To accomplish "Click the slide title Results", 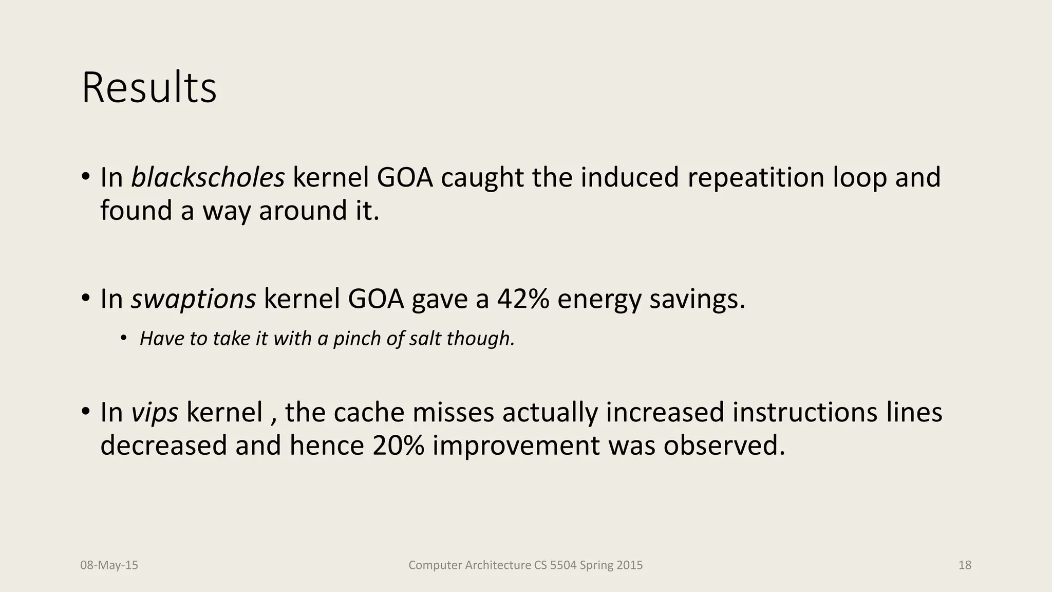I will pyautogui.click(x=149, y=88).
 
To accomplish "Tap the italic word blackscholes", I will pyautogui.click(x=208, y=177).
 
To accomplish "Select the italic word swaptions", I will pyautogui.click(x=193, y=299).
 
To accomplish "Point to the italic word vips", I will pyautogui.click(x=155, y=412).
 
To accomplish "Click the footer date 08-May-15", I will pyautogui.click(x=109, y=565).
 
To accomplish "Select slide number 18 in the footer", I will pyautogui.click(x=965, y=565).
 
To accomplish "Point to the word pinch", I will pyautogui.click(x=358, y=339).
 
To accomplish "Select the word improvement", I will pyautogui.click(x=516, y=445).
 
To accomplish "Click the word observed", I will pyautogui.click(x=724, y=445).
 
